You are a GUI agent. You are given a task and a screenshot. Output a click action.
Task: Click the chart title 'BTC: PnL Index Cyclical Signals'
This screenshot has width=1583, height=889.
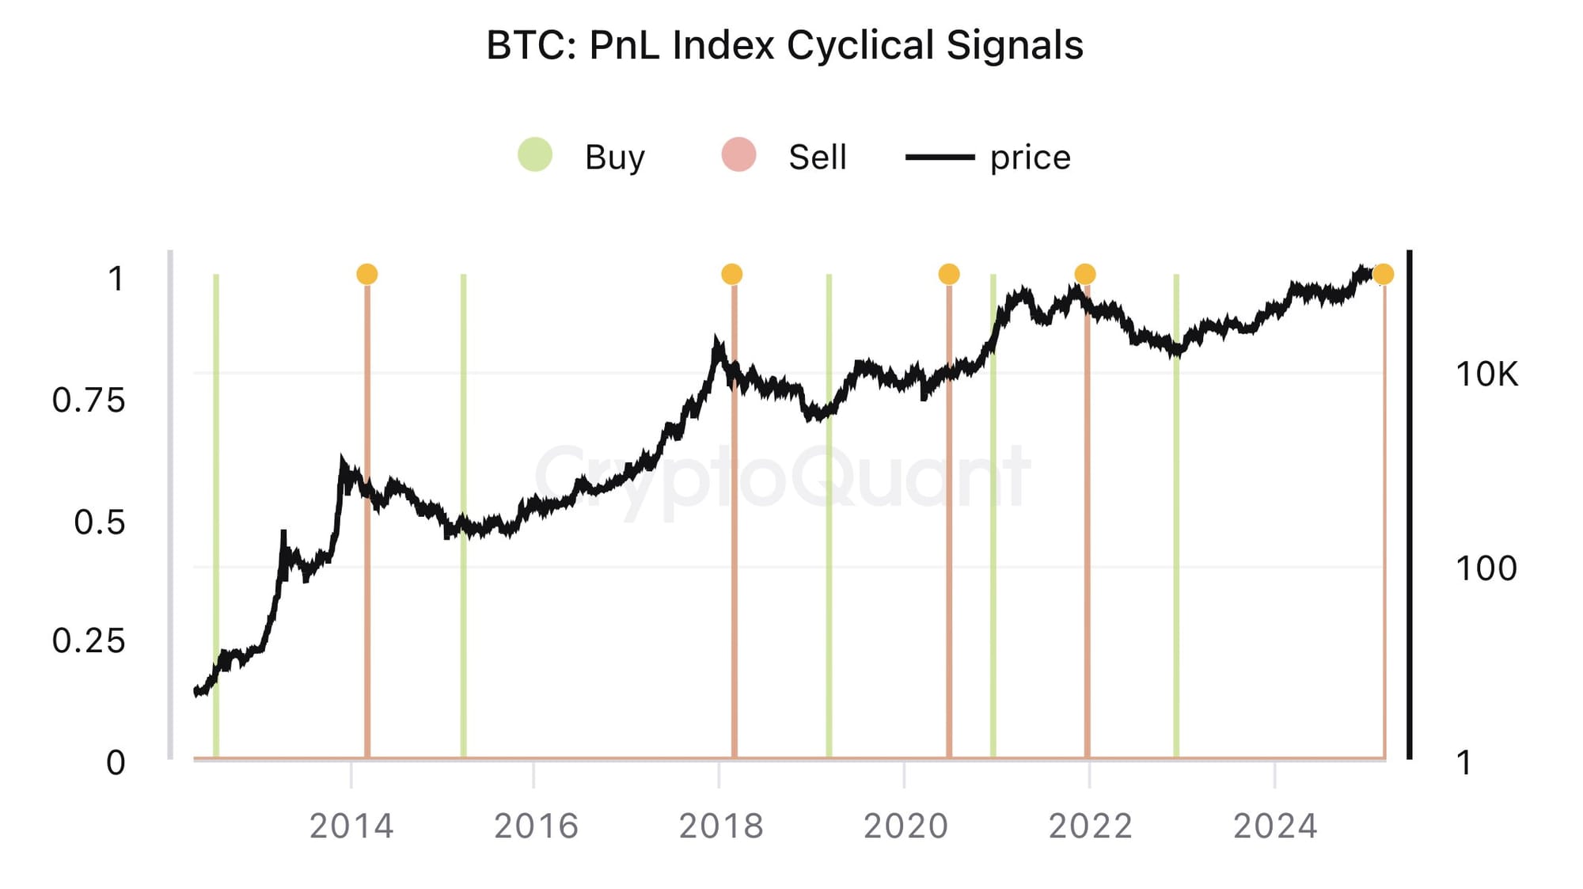784,45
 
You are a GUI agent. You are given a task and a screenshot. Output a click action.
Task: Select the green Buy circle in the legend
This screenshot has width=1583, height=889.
535,154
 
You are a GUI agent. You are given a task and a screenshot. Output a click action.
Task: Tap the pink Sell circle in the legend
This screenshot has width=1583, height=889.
738,154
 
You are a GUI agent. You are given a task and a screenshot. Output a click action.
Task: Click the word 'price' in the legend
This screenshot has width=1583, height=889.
1030,158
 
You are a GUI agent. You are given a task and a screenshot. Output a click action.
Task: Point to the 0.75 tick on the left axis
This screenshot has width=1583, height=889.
89,400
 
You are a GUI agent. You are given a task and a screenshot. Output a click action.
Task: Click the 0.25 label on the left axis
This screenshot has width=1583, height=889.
89,640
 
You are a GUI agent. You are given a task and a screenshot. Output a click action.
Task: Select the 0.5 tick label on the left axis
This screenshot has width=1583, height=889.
99,522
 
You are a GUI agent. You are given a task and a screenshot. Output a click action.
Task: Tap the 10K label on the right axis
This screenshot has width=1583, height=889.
1486,374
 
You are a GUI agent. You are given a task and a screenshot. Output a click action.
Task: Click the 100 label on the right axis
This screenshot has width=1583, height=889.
1486,568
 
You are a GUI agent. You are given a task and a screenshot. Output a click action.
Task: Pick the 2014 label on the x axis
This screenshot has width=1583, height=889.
351,826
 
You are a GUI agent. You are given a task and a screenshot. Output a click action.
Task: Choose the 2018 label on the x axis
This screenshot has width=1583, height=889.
720,826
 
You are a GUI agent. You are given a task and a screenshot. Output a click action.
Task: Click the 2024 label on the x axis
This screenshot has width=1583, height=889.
1275,826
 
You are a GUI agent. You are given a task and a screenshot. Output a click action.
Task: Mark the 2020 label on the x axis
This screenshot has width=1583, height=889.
905,826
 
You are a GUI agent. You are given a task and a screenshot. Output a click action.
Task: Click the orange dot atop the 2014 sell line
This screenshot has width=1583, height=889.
367,274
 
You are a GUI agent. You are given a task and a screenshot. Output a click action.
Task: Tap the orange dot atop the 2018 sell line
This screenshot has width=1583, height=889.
732,274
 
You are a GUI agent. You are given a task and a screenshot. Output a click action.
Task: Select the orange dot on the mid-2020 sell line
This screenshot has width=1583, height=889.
949,274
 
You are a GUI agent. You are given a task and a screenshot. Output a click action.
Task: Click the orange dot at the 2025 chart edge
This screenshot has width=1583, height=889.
1383,274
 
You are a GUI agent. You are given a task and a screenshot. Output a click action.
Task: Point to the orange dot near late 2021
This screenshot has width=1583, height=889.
1085,274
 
